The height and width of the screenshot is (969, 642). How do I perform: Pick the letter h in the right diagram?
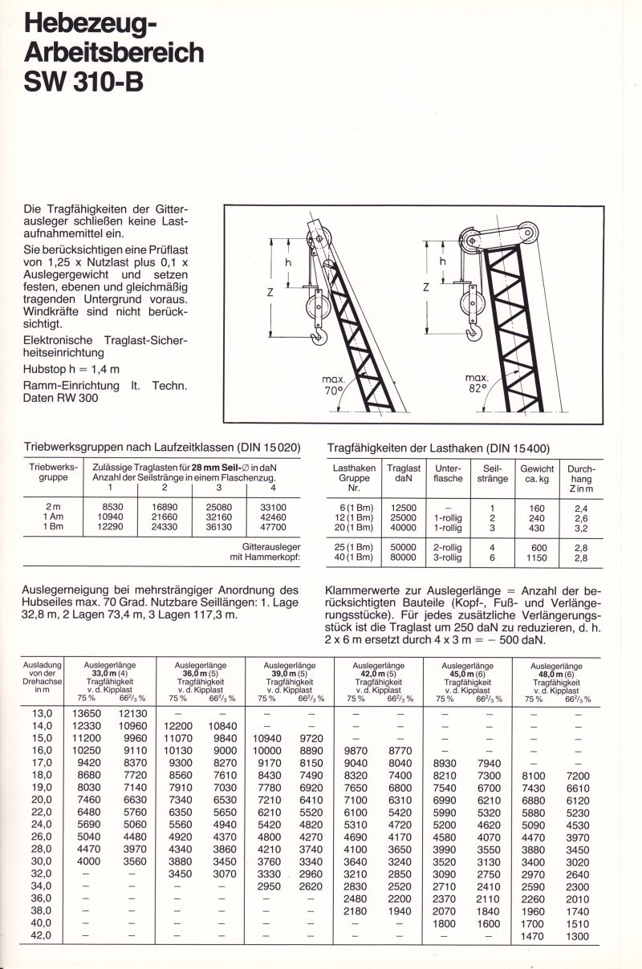coord(441,262)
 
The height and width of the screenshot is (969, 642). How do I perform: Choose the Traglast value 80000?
coord(403,557)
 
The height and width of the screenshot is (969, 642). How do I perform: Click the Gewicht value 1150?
coord(537,557)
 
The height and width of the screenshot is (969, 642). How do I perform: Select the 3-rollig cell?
coord(447,557)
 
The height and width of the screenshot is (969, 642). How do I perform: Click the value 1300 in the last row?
coord(578,935)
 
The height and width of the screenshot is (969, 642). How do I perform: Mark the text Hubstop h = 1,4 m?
coord(71,369)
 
